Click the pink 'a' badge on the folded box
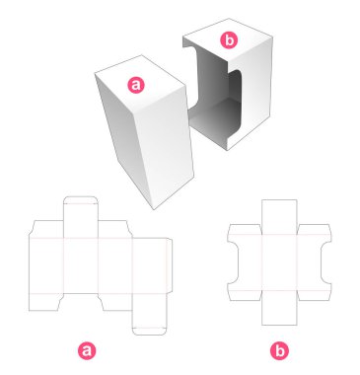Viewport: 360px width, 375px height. click(x=136, y=85)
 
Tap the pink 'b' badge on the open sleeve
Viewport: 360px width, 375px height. click(x=229, y=40)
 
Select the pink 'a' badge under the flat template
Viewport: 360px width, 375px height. click(x=87, y=350)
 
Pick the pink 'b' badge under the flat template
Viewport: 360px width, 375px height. click(x=279, y=350)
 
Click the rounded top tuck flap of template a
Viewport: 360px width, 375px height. click(x=81, y=200)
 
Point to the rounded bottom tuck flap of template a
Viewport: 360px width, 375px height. click(x=149, y=332)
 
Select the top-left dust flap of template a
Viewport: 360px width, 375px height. click(x=47, y=229)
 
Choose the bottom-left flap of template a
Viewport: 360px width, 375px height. click(x=46, y=302)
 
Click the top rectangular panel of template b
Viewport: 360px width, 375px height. click(x=279, y=217)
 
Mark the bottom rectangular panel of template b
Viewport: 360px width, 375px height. click(x=279, y=308)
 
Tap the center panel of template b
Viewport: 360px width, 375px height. click(x=279, y=262)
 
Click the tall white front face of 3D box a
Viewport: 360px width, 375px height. click(x=166, y=148)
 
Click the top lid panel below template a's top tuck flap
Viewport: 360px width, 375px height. click(x=81, y=221)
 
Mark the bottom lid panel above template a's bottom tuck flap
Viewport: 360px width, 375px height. click(x=149, y=310)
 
